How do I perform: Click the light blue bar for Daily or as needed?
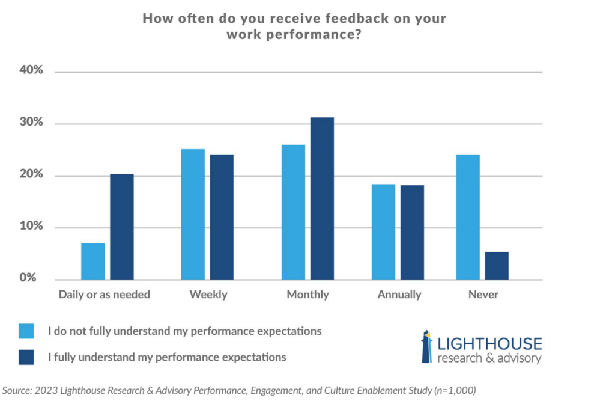tap(93, 261)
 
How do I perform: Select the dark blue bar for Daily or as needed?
tap(122, 227)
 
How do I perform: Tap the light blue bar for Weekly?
tap(193, 214)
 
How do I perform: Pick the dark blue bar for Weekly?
tap(222, 217)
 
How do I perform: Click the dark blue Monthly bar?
tap(322, 198)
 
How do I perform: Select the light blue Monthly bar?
tap(293, 212)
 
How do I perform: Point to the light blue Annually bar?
tap(383, 231)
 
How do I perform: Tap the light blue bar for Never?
tap(468, 217)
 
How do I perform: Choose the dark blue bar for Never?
tap(497, 266)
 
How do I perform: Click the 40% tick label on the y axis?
tap(31, 70)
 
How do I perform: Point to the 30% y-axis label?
tap(31, 123)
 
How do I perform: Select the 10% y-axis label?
tap(31, 227)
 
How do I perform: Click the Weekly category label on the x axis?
tap(208, 295)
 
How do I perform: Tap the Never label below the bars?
tap(483, 295)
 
